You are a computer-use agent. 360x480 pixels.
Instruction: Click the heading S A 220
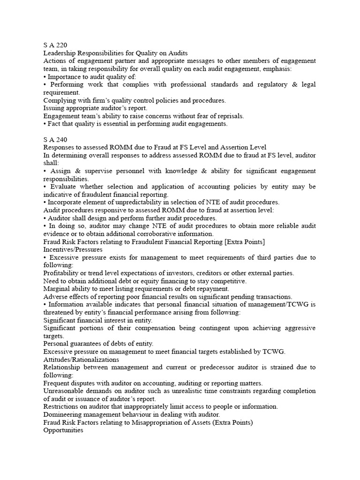tap(55, 45)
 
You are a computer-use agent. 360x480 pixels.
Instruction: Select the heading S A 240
tap(55, 140)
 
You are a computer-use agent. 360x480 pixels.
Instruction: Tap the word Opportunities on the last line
tap(63, 430)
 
